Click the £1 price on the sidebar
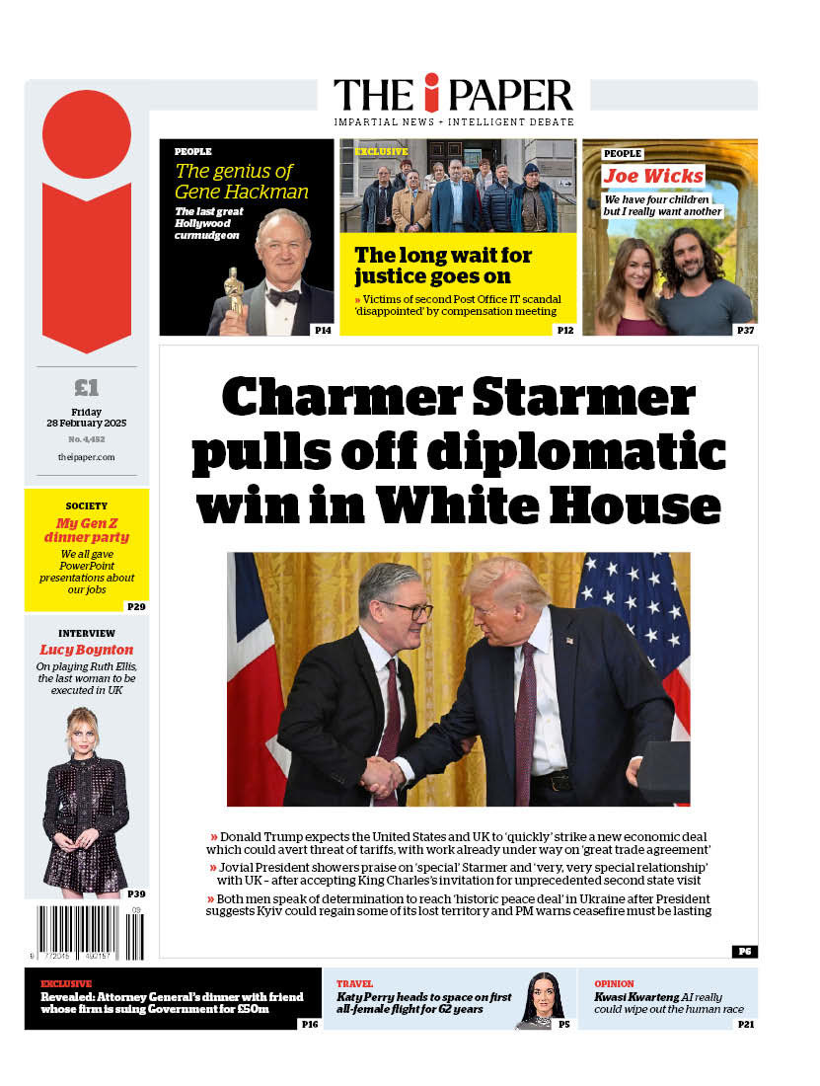coord(86,386)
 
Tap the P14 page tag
coord(322,330)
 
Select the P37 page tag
coord(745,330)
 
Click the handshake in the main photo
coord(384,774)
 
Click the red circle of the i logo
coord(87,134)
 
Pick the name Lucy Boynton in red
coord(86,650)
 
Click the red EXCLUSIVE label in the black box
coord(66,983)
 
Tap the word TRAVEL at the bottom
coord(354,983)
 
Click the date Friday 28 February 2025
coord(87,418)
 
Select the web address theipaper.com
coord(87,457)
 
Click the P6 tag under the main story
coord(744,951)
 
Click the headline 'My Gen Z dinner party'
coord(87,530)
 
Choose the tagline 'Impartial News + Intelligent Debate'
coord(453,121)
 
